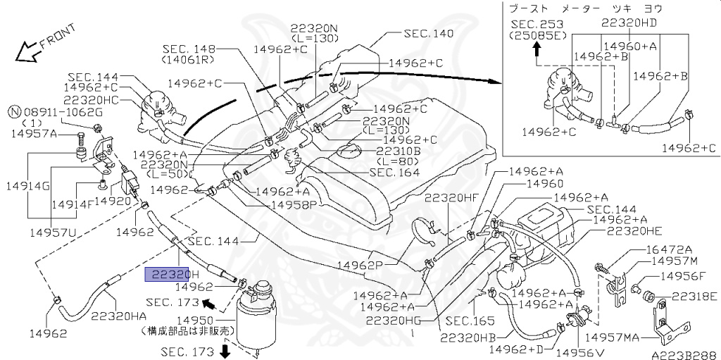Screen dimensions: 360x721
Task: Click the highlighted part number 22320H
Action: [173, 274]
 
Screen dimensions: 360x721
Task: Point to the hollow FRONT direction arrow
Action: [29, 51]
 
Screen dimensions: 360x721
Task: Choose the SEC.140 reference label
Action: [428, 33]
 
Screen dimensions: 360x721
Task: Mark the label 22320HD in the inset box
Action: [629, 22]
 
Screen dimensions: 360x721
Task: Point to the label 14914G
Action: [26, 186]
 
